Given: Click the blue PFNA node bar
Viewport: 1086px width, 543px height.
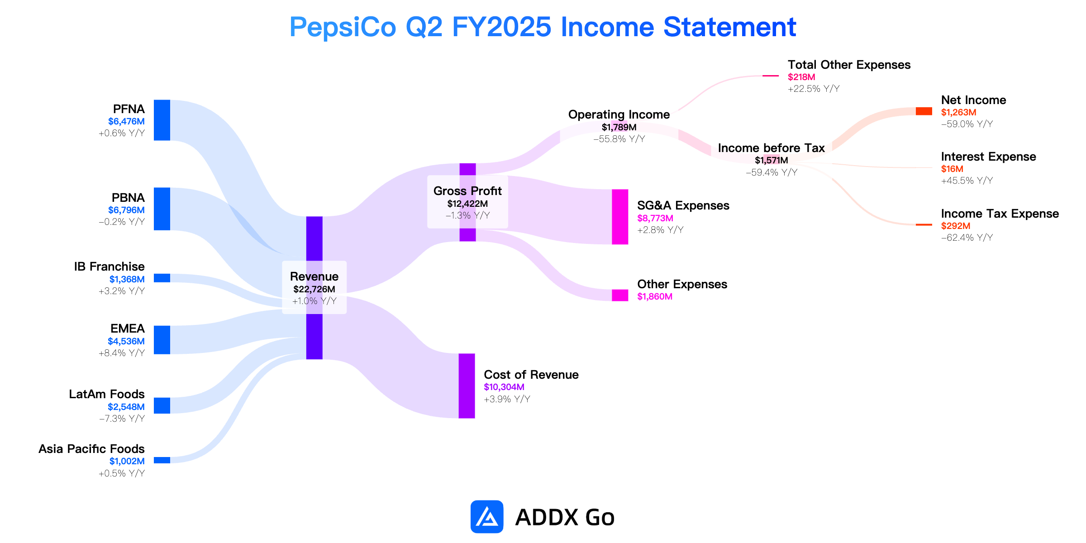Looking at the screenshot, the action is point(162,120).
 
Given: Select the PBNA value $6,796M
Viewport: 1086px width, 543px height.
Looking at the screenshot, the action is point(126,210).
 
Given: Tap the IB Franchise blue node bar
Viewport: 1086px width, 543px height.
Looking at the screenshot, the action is point(162,278).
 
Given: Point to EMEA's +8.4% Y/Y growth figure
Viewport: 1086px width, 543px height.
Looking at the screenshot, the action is point(122,353).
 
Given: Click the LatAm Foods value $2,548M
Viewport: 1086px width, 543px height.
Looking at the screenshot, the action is point(126,407).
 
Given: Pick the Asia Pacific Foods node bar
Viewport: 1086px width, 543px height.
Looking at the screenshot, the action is point(162,460).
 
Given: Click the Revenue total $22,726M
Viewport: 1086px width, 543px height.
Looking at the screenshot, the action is point(314,289).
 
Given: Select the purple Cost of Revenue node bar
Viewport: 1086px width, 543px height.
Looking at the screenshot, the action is point(467,386).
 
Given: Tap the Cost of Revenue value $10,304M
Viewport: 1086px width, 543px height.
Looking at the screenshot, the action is point(504,387).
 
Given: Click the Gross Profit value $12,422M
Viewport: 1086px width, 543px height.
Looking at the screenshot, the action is point(467,204).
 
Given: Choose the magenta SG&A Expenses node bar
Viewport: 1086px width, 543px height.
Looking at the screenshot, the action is point(620,217).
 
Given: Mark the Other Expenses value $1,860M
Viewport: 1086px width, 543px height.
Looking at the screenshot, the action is point(655,296).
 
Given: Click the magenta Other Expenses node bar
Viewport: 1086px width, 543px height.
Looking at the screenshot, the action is point(620,295).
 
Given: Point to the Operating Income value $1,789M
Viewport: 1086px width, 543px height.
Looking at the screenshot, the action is point(619,127).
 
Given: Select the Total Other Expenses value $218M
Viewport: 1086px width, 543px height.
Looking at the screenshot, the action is point(801,77).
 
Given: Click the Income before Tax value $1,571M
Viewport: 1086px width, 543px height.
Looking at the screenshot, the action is point(772,160).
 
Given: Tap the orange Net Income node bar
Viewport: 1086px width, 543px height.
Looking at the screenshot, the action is point(924,111).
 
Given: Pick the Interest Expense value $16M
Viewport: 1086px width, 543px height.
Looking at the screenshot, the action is point(952,169).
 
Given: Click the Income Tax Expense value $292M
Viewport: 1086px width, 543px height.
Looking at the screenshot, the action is point(956,226).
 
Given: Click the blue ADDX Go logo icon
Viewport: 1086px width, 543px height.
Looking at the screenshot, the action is point(487,517).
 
